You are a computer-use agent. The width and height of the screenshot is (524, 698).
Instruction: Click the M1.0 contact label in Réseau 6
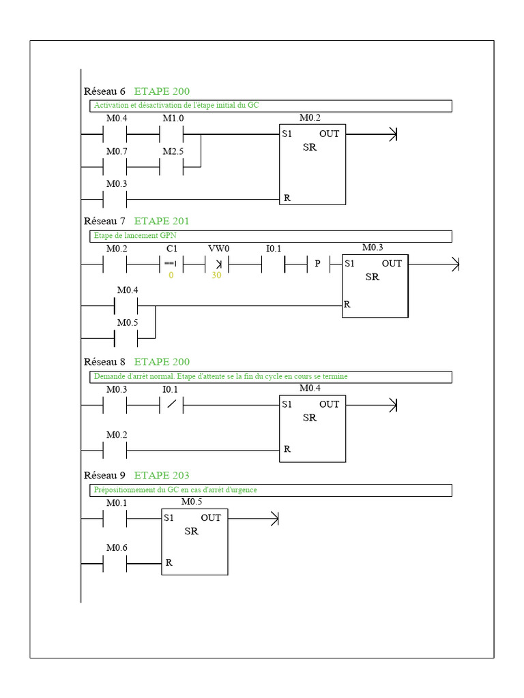click(173, 119)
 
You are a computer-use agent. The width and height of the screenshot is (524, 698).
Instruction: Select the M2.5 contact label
click(173, 151)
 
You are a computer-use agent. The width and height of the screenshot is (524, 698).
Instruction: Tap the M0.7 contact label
click(117, 151)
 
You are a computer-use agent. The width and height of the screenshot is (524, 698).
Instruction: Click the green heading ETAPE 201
click(162, 221)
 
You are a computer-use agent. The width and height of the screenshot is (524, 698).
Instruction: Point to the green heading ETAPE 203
click(162, 475)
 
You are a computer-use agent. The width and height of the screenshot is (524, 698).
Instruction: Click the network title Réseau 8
click(104, 361)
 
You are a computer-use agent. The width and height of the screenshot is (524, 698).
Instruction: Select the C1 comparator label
click(171, 248)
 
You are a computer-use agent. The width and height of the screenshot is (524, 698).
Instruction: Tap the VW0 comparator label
click(219, 248)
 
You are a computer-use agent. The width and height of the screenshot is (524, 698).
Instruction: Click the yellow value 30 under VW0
click(216, 275)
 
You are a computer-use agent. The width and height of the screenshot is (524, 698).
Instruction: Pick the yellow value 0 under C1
click(171, 275)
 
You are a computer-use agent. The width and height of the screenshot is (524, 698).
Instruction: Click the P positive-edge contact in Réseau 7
click(318, 264)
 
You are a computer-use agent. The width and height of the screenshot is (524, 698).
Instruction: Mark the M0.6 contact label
click(117, 547)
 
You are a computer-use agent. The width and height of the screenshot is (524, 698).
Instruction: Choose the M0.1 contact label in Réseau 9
click(117, 502)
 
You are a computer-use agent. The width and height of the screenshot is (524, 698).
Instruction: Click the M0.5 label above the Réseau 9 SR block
click(192, 502)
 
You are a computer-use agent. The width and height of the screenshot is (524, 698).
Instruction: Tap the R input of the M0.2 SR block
click(287, 198)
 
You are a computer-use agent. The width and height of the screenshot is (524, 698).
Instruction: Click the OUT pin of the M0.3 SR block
click(392, 264)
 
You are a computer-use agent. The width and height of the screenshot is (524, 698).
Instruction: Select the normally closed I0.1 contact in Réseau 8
click(171, 405)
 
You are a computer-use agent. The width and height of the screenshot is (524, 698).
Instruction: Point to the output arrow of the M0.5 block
click(253, 519)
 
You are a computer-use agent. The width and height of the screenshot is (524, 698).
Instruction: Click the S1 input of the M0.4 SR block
click(287, 404)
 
